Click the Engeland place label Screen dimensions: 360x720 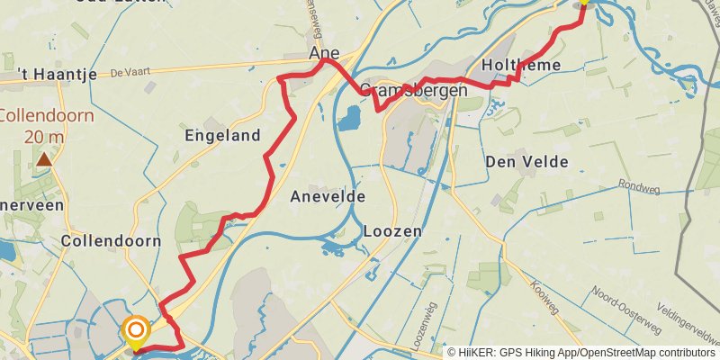pyautogui.click(x=222, y=137)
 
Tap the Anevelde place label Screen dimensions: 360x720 pyautogui.click(x=328, y=196)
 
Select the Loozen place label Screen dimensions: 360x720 pyautogui.click(x=392, y=231)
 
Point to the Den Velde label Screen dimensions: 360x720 pyautogui.click(x=526, y=162)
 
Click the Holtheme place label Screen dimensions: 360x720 pyautogui.click(x=521, y=65)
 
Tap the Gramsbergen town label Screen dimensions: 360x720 pyautogui.click(x=414, y=91)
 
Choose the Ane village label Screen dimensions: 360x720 pyautogui.click(x=324, y=54)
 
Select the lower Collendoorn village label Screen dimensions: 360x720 pyautogui.click(x=111, y=241)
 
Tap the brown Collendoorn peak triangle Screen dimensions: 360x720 pyautogui.click(x=44, y=160)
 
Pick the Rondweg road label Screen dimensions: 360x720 pyautogui.click(x=638, y=186)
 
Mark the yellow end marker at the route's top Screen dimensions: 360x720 pyautogui.click(x=583, y=3)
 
